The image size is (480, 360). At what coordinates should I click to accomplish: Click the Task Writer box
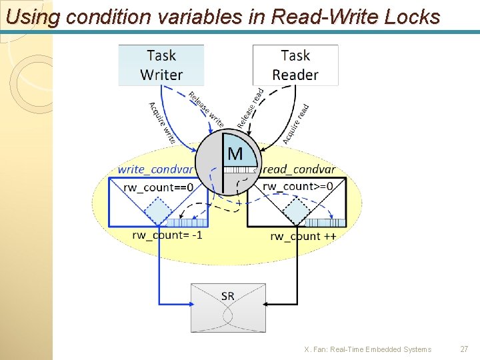point(161,65)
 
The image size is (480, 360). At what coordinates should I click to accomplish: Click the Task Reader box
point(295,65)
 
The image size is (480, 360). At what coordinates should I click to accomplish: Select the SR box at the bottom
point(228,307)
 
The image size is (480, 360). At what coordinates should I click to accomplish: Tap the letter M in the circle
point(235,155)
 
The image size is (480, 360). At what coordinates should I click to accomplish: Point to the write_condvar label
point(155,170)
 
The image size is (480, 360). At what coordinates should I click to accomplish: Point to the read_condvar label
point(299,170)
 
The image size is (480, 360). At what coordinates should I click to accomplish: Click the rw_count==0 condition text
point(159,187)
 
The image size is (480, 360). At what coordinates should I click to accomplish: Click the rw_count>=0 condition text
point(297,186)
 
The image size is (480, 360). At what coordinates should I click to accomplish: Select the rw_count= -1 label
point(167,235)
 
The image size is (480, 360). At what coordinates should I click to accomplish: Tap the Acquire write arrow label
point(162,123)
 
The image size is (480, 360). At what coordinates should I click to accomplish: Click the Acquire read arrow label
point(295,123)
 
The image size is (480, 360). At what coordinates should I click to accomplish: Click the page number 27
point(465,349)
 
